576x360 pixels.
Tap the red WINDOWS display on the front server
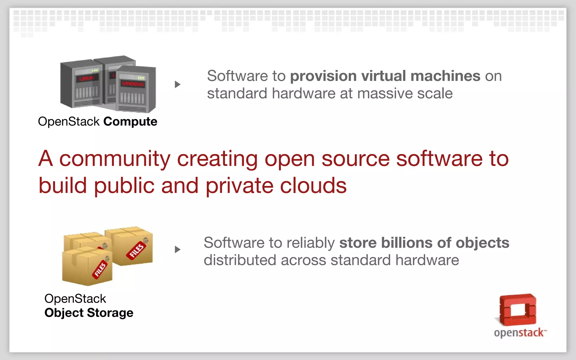[133, 84]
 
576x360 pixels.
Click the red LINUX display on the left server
[87, 78]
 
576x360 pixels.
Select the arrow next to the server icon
[177, 84]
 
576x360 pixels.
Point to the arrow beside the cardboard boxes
[177, 250]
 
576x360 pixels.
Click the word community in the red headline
[115, 159]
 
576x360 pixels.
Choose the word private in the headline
[239, 186]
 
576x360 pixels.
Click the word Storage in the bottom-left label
[110, 313]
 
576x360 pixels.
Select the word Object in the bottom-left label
[64, 313]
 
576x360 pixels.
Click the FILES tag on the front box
[100, 270]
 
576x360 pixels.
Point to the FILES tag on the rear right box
[137, 250]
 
